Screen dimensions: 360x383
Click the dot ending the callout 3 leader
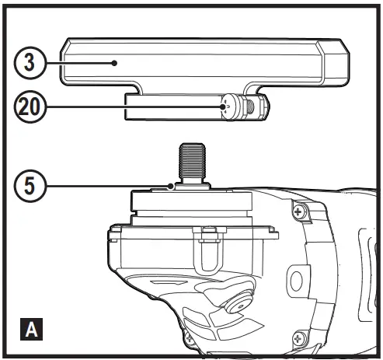point(116,61)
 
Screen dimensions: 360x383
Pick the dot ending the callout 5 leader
point(171,187)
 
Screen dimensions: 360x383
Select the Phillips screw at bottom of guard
point(189,337)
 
